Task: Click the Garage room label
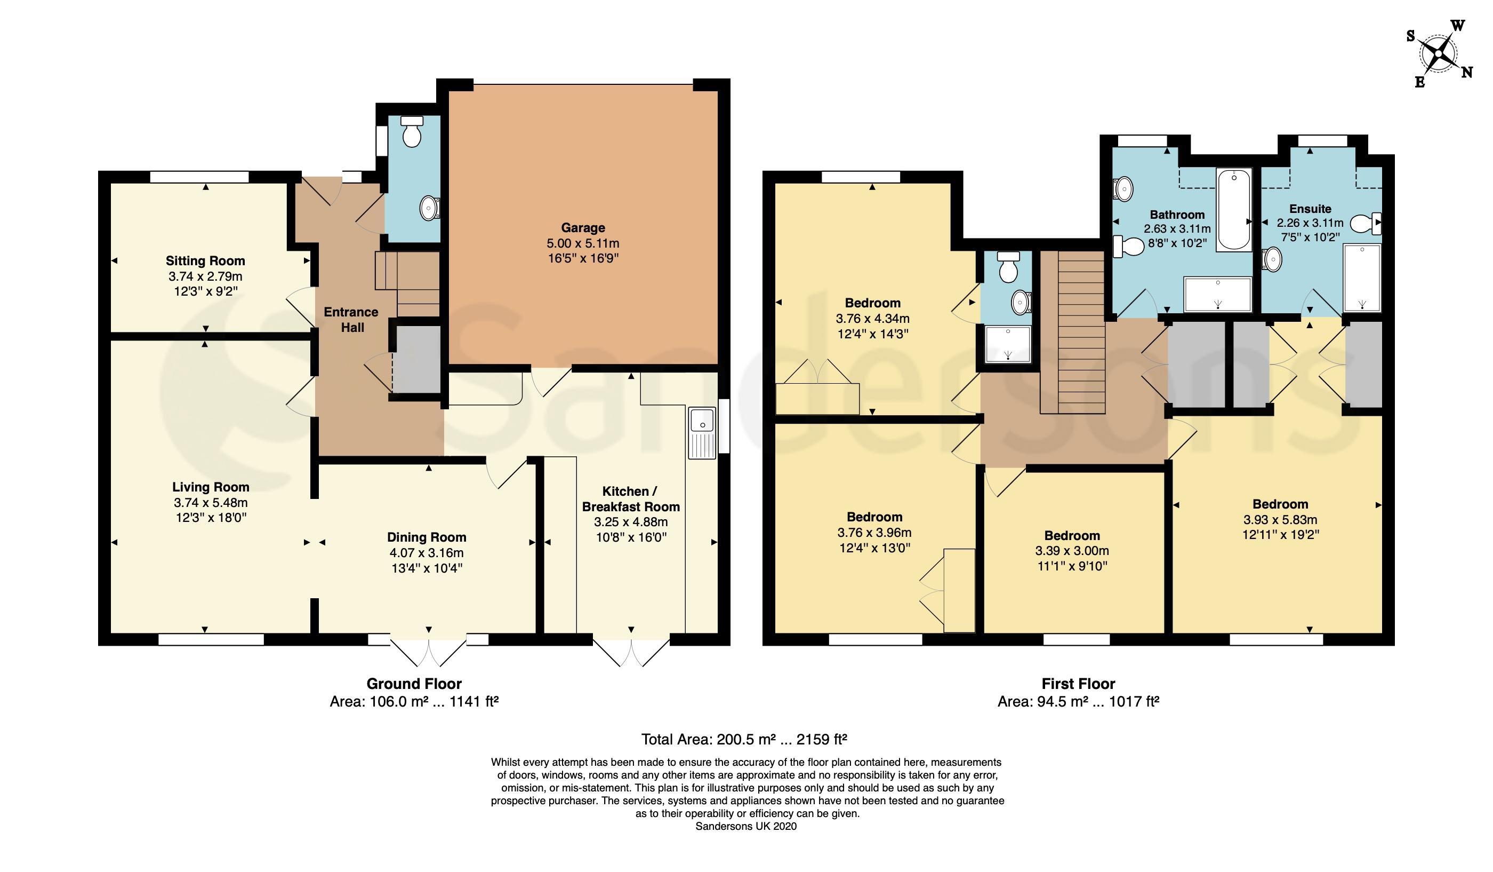(583, 228)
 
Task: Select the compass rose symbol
(1439, 53)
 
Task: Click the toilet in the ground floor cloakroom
(412, 131)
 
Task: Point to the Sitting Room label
(205, 261)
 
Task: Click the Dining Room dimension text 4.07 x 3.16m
(427, 553)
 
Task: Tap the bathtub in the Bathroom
(1234, 210)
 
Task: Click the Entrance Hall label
(351, 320)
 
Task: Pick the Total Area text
(744, 739)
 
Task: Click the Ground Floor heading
(414, 684)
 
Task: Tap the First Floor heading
(1078, 684)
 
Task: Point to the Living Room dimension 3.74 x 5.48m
(211, 503)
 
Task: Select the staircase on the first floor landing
(1073, 332)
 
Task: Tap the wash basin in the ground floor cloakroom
(430, 208)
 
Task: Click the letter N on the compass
(1467, 73)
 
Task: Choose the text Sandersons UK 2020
(746, 826)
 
